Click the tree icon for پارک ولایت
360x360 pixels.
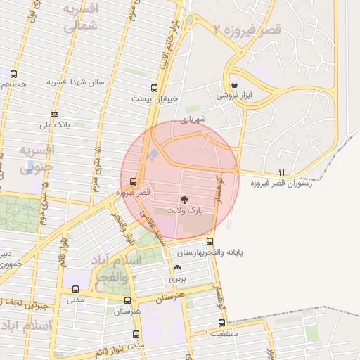click(x=184, y=200)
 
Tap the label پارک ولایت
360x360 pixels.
click(x=184, y=210)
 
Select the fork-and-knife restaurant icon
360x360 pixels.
click(x=282, y=172)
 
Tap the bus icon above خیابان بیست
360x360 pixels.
click(x=154, y=88)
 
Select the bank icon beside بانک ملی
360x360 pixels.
click(x=54, y=114)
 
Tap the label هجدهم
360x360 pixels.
click(x=14, y=84)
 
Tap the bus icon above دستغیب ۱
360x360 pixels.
click(x=221, y=323)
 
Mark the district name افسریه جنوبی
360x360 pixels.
click(x=35, y=159)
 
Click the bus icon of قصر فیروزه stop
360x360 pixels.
click(x=134, y=180)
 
